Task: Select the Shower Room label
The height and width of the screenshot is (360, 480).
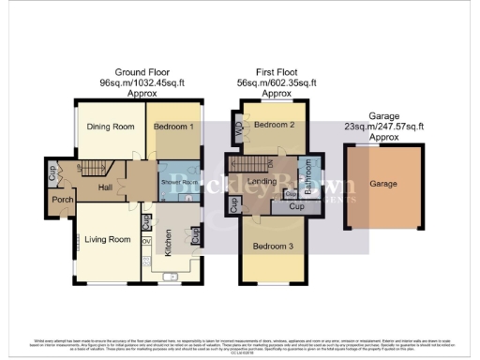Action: [176, 182]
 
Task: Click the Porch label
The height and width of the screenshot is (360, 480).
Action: [62, 200]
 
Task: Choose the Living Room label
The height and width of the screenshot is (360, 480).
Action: [107, 240]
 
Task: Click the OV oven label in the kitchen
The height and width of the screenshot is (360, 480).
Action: [146, 240]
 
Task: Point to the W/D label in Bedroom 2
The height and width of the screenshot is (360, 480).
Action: [235, 131]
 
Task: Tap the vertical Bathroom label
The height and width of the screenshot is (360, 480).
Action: [307, 177]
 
